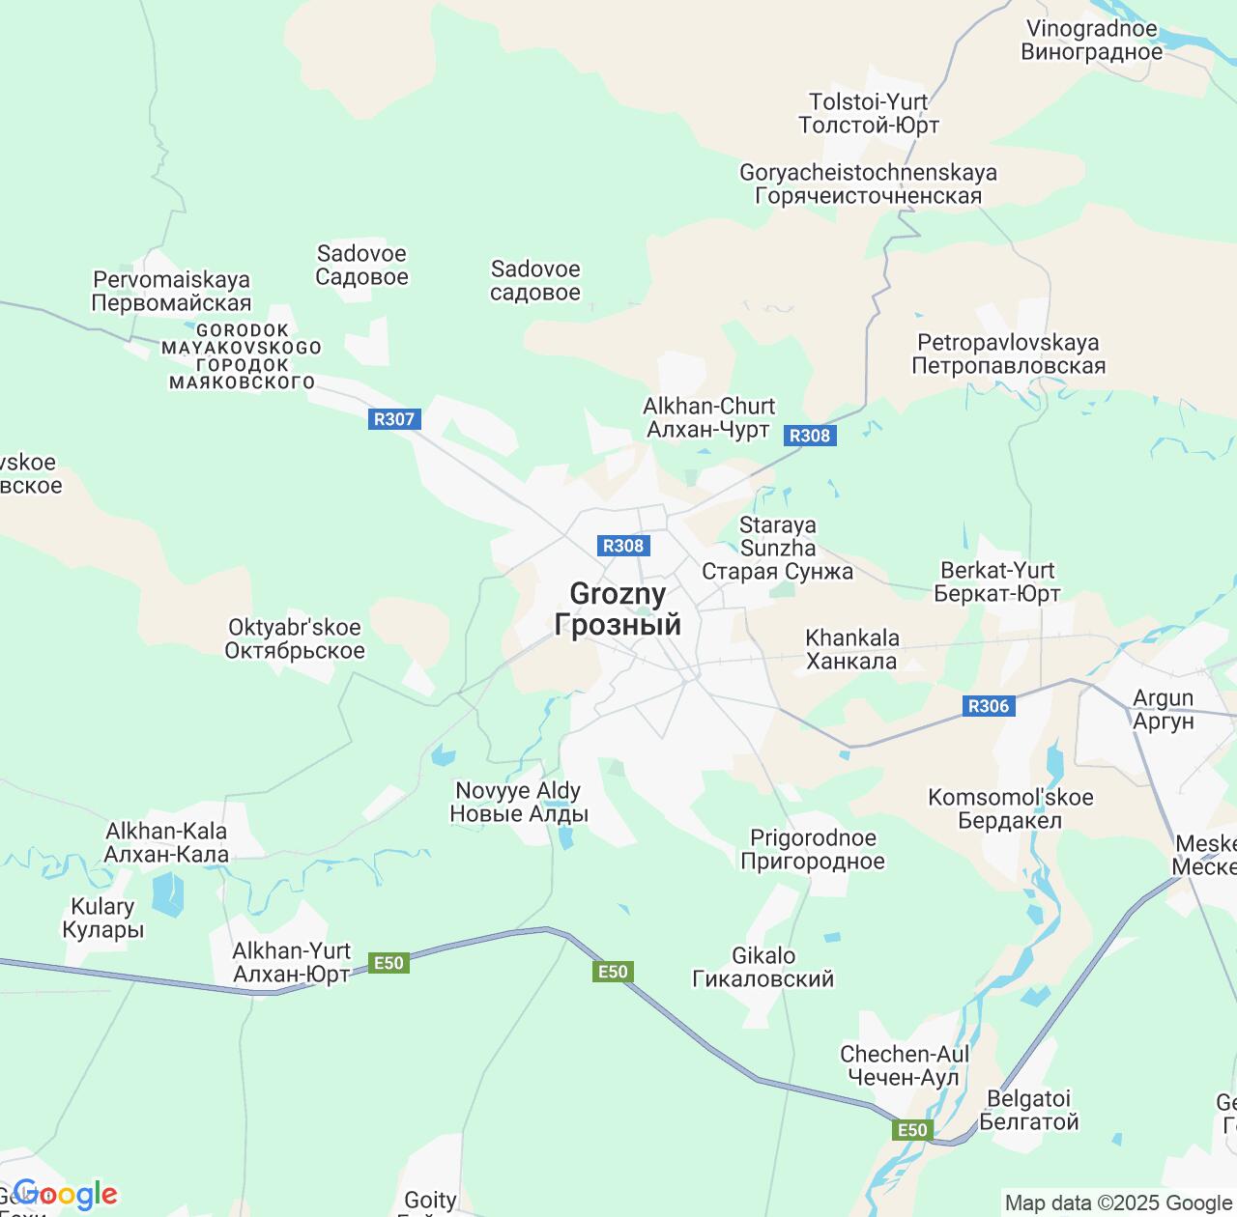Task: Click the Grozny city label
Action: pos(618,609)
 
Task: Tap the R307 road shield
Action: pos(393,419)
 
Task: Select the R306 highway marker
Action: pos(989,706)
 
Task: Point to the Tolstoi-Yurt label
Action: pos(868,114)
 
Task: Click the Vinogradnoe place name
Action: pos(1092,41)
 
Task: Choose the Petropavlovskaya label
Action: pos(1008,354)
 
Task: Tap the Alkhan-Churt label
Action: pos(708,418)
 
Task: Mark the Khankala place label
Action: pos(851,650)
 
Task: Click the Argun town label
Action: pos(1163,710)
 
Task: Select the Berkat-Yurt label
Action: pos(997,582)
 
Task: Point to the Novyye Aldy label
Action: pos(518,803)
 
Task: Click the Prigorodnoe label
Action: pos(813,850)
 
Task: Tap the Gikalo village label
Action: pos(763,968)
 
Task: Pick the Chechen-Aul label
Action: pos(904,1066)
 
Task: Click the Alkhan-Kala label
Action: pos(166,843)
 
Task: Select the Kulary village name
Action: pos(102,919)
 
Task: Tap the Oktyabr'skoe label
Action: pos(295,639)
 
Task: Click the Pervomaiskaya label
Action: pos(171,292)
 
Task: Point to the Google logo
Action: pos(65,1195)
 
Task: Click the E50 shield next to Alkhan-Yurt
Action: pos(388,963)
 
